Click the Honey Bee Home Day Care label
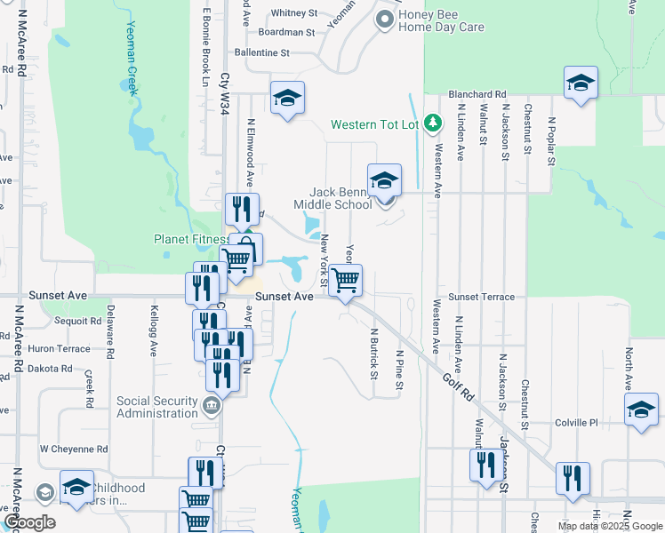(x=441, y=20)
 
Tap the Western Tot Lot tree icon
(x=431, y=123)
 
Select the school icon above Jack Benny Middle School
(x=384, y=181)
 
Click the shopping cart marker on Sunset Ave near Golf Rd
(x=345, y=281)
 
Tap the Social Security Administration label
(x=157, y=407)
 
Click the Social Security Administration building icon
(x=212, y=407)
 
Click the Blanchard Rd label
(x=477, y=93)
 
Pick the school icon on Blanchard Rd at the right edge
(x=581, y=84)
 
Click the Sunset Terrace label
(x=481, y=297)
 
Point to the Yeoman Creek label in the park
(x=132, y=59)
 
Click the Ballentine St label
(x=262, y=53)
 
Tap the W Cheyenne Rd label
(x=74, y=449)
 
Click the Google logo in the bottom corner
(x=28, y=522)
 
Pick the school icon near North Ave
(x=641, y=410)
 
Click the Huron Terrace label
(x=60, y=349)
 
